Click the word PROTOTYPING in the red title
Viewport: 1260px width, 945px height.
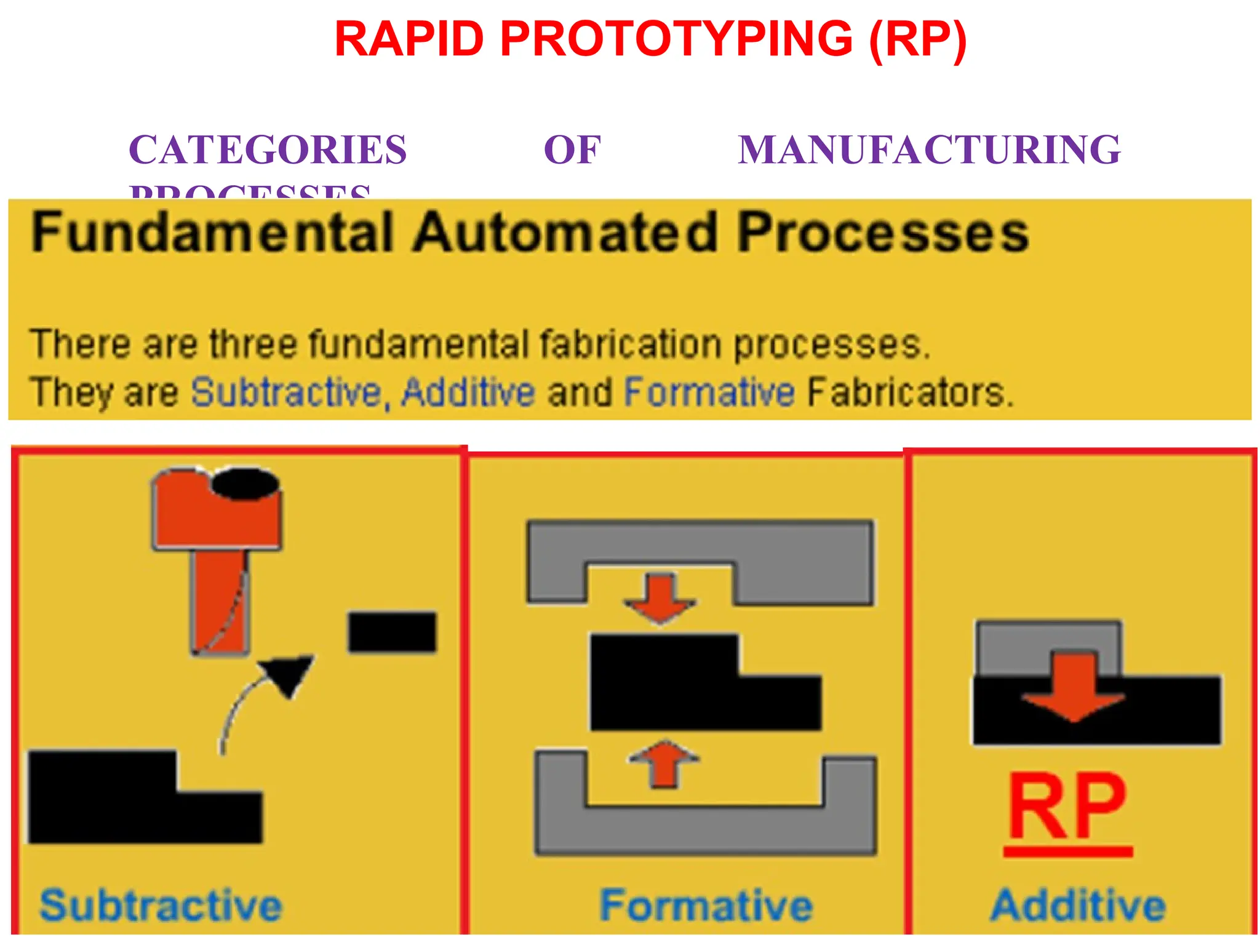676,39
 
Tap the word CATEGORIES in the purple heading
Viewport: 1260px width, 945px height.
268,150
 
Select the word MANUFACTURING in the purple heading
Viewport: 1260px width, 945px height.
929,150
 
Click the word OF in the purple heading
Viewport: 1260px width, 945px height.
572,150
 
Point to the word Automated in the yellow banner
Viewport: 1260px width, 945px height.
565,233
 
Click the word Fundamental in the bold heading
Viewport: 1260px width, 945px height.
212,233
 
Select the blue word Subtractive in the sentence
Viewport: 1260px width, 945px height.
287,392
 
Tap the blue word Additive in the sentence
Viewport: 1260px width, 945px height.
468,392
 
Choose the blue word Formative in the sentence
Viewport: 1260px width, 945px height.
709,392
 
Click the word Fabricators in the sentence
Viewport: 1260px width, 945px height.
909,392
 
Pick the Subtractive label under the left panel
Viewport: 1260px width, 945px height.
161,905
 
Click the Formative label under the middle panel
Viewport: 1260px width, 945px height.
706,905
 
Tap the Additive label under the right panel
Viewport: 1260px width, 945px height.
1078,905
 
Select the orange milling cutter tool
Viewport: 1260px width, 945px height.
218,554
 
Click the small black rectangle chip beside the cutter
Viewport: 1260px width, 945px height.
392,632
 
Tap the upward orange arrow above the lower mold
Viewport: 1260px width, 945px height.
664,765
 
